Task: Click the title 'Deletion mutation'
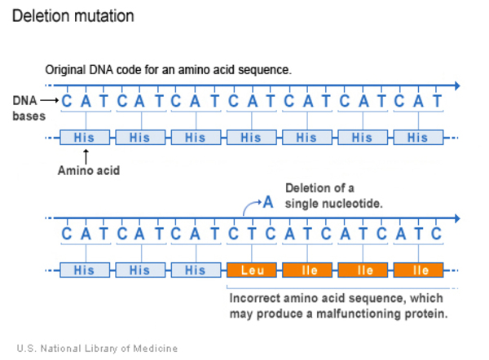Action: pos(73,16)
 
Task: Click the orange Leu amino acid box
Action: pos(251,270)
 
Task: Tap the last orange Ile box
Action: pos(419,270)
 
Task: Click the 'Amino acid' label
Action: pos(89,171)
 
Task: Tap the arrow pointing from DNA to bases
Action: pos(48,101)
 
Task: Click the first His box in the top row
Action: pos(84,138)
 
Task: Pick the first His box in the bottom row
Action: pos(84,270)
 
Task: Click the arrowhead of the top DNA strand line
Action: pos(456,84)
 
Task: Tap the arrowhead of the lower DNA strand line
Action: pos(456,217)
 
